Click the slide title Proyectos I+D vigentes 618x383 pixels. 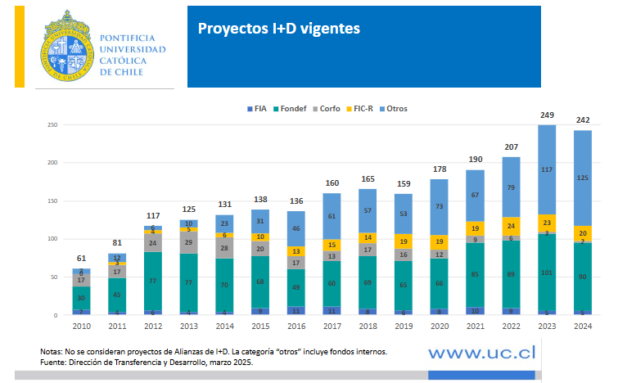[x=278, y=29]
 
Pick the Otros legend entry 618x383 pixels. [x=396, y=109]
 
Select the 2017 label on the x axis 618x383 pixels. [x=333, y=326]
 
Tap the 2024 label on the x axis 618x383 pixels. [x=582, y=326]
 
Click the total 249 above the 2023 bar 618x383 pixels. [x=547, y=115]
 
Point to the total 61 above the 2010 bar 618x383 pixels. [x=82, y=259]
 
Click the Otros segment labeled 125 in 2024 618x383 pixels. [x=582, y=178]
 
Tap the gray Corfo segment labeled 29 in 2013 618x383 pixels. [x=191, y=242]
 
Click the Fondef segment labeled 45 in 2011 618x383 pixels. [x=118, y=295]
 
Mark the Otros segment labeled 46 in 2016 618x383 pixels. [x=297, y=229]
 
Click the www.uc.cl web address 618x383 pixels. [x=483, y=352]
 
